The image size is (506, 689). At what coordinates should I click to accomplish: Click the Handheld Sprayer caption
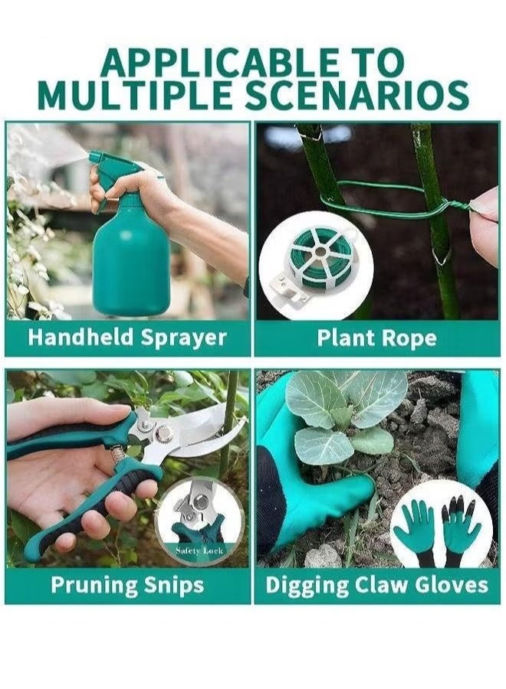127,337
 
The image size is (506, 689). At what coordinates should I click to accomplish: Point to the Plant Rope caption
377,338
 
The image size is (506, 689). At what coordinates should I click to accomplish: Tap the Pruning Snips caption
127,585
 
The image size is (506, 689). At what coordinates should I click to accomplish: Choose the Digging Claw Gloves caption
377,585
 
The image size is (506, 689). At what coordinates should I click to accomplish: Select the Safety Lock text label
199,550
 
